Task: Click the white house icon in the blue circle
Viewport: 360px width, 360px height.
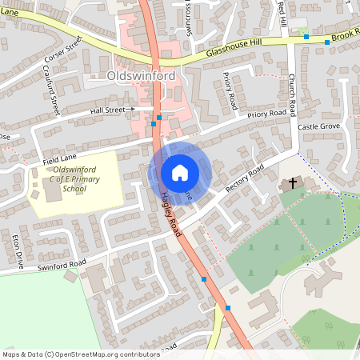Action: [x=180, y=173]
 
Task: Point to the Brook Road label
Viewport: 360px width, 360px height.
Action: [x=345, y=37]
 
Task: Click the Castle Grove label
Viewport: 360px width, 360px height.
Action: [x=318, y=127]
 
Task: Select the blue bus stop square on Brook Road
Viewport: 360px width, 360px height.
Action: [x=306, y=37]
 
